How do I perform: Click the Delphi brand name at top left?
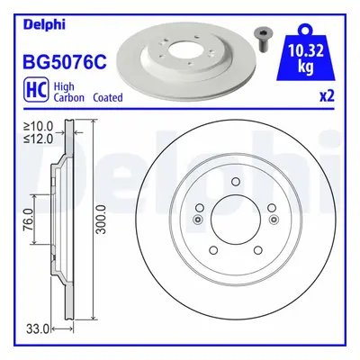pyautogui.click(x=44, y=25)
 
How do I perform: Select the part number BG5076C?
pyautogui.click(x=65, y=61)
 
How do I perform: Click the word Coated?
pyautogui.click(x=108, y=97)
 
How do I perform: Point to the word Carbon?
pyautogui.click(x=68, y=97)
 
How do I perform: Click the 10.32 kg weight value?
pyautogui.click(x=306, y=58)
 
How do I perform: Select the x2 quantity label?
pyautogui.click(x=327, y=96)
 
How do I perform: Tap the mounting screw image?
pyautogui.click(x=260, y=38)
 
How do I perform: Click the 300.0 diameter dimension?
pyautogui.click(x=101, y=220)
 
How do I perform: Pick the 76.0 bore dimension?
pyautogui.click(x=29, y=220)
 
